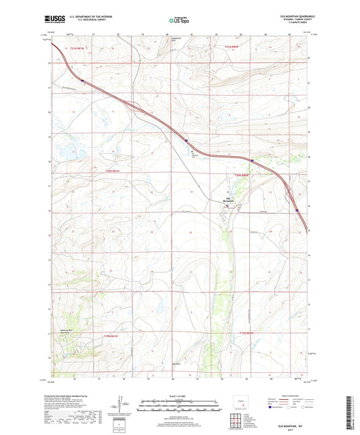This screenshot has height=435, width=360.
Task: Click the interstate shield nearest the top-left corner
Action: pyautogui.click(x=82, y=80)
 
